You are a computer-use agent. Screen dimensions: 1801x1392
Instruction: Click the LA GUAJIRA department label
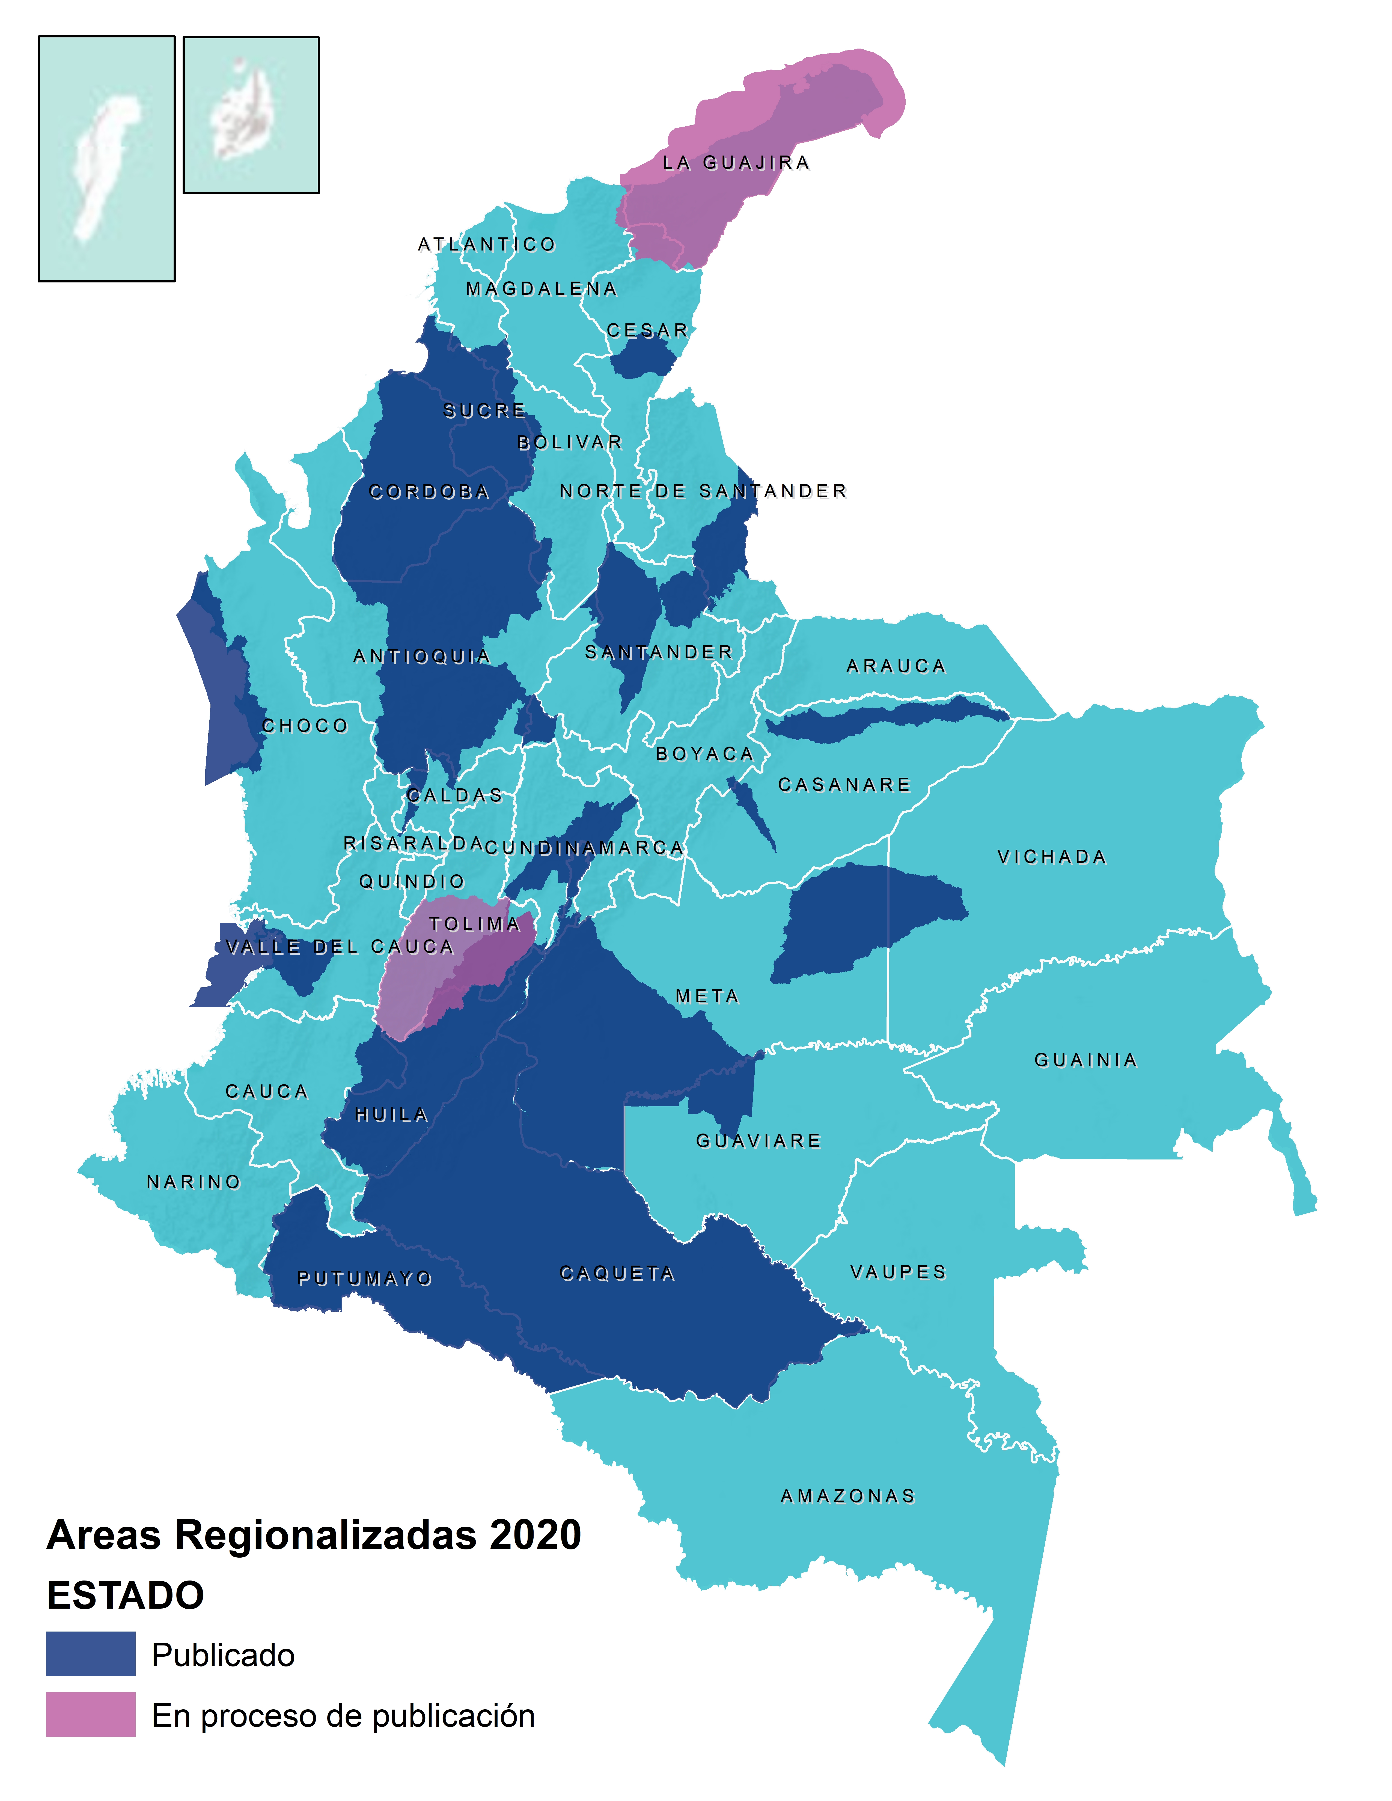(736, 163)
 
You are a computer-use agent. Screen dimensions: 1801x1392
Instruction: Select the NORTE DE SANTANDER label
(703, 491)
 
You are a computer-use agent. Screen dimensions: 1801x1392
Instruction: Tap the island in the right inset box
(243, 111)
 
